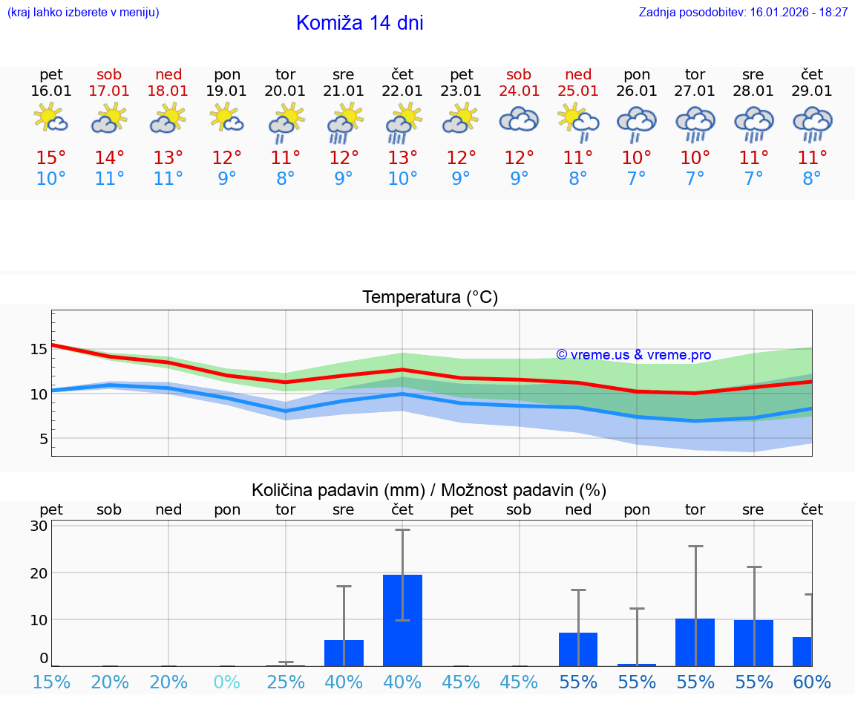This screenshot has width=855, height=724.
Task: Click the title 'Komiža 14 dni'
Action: coord(359,23)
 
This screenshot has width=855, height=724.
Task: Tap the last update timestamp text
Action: coord(743,13)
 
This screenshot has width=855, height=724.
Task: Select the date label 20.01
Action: coord(285,91)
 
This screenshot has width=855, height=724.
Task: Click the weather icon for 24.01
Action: coord(519,120)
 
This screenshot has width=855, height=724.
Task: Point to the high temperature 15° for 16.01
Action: coord(51,158)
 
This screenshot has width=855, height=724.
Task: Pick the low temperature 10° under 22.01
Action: coord(402,179)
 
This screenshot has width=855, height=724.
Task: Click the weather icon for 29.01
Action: coord(812,123)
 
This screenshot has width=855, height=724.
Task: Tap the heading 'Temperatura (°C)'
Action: coord(430,298)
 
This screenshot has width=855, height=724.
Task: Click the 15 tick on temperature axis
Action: coord(39,348)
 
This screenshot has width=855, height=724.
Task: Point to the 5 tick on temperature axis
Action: coord(43,439)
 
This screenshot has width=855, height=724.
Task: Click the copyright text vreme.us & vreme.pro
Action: coord(634,355)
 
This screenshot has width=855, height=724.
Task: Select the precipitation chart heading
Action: coord(429,490)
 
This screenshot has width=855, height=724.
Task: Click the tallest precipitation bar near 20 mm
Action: coord(402,620)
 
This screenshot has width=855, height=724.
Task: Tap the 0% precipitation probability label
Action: coord(227,682)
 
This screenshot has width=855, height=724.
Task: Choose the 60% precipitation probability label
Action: coord(811,682)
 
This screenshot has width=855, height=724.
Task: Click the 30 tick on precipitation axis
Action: coord(39,526)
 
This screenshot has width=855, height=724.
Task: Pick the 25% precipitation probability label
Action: coord(286,682)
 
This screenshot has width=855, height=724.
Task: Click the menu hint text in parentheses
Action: coord(82,13)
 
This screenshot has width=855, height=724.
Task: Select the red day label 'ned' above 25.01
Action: coord(578,74)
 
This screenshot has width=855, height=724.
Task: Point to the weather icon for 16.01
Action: coord(51,119)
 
